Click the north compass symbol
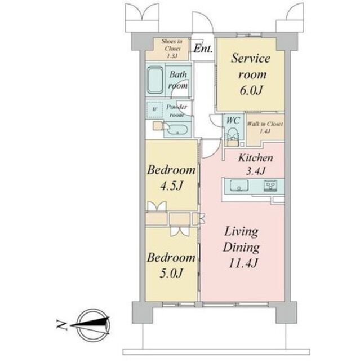[x=93, y=325]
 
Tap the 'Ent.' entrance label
[x=203, y=49]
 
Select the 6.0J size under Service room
[x=251, y=90]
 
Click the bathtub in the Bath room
[x=155, y=80]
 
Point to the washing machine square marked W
[x=155, y=109]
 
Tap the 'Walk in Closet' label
[x=265, y=124]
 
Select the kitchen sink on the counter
[x=239, y=186]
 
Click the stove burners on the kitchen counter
[x=271, y=186]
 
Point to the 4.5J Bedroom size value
[x=171, y=186]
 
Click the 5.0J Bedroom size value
[x=171, y=273]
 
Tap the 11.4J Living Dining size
[x=243, y=263]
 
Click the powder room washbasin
[x=177, y=130]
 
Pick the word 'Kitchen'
[x=256, y=158]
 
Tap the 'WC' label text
[x=233, y=120]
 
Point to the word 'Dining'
[x=241, y=248]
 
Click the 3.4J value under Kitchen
[x=256, y=171]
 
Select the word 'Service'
[x=251, y=59]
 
